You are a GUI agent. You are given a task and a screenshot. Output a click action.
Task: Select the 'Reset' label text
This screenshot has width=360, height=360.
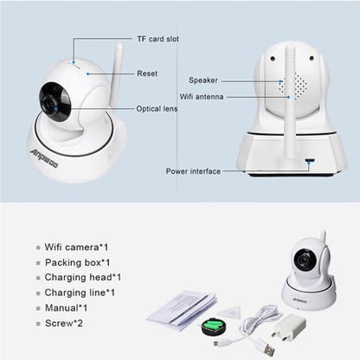click(147, 74)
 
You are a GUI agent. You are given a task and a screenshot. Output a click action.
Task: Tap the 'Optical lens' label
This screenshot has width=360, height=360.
click(157, 109)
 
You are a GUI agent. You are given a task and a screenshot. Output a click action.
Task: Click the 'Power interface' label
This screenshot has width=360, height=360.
click(193, 170)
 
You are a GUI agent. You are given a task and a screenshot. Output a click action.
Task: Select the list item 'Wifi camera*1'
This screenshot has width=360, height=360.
click(78, 247)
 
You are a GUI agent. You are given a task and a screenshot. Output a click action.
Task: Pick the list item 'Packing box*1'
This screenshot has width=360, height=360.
click(79, 262)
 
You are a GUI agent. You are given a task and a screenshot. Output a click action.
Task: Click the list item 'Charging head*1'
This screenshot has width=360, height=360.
click(84, 278)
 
